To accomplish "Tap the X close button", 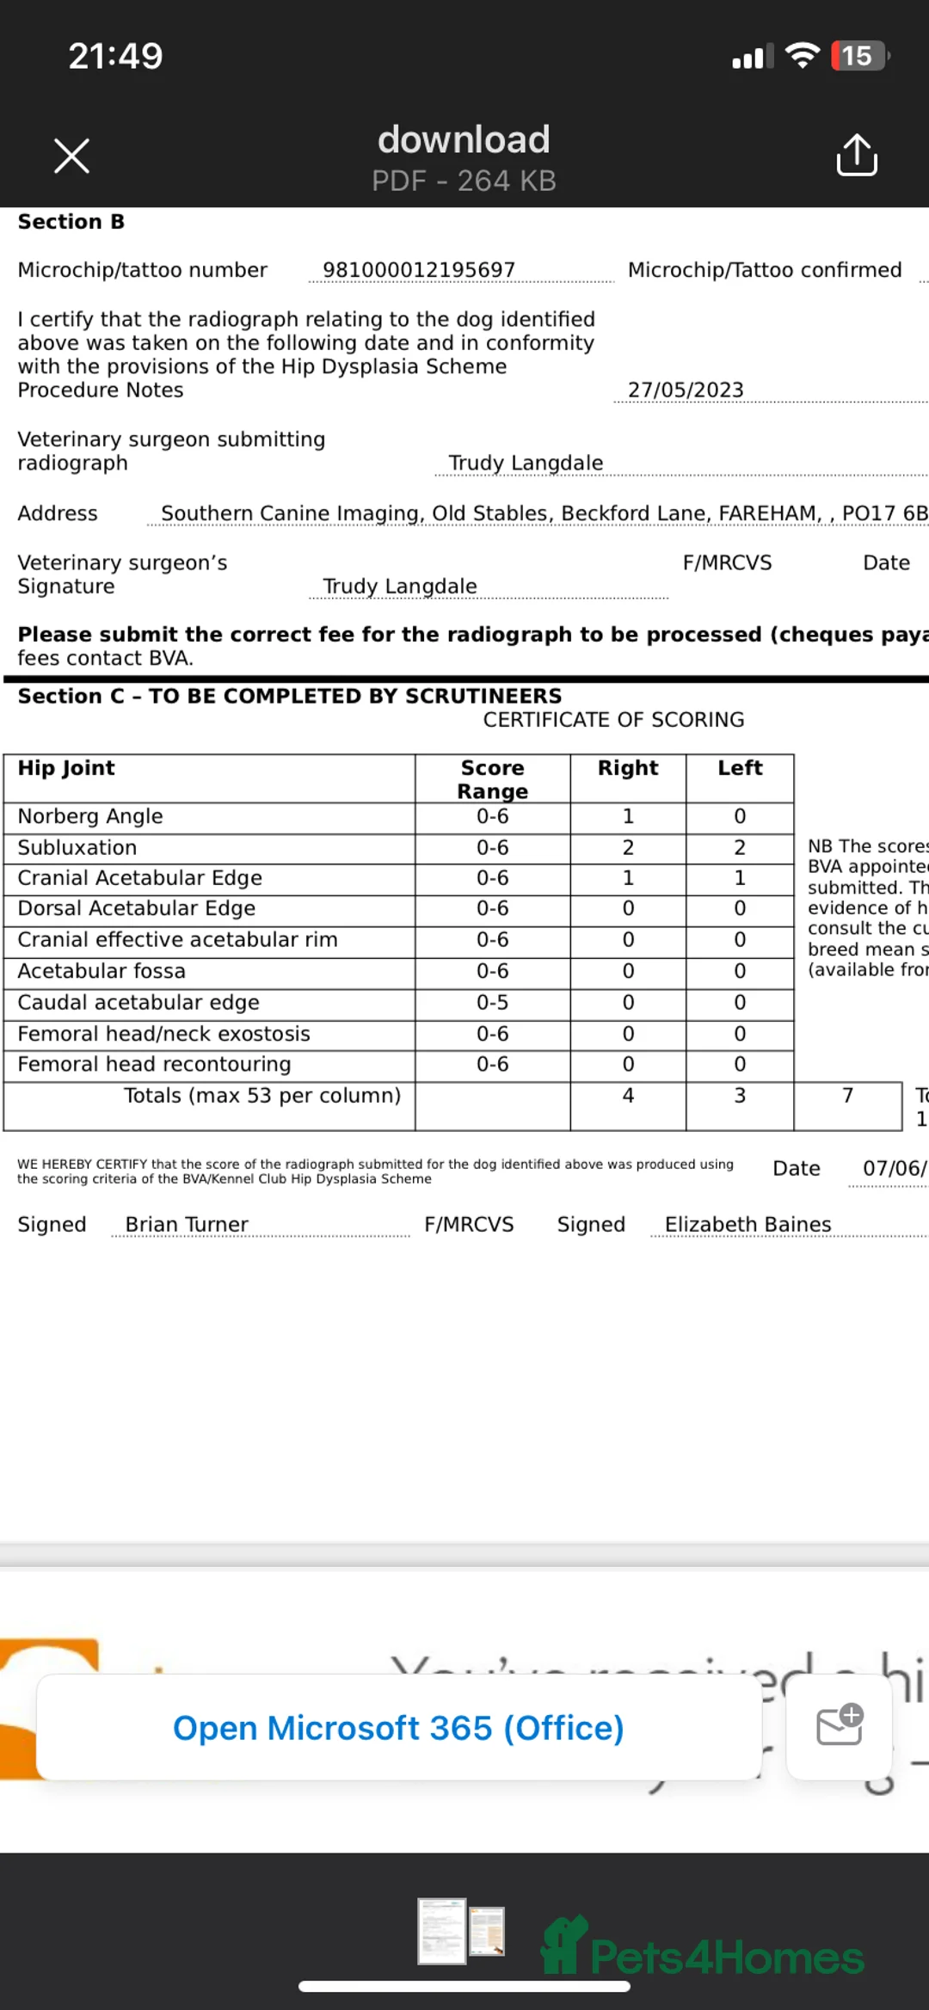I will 71,156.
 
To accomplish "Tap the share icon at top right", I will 856,155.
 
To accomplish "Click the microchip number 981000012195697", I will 419,270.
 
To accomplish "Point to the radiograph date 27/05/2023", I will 686,390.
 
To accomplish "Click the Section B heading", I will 71,222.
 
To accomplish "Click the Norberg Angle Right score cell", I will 628,816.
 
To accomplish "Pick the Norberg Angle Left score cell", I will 740,816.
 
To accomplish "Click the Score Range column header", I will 492,779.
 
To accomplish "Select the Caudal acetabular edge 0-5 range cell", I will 492,1003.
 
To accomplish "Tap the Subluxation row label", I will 77,848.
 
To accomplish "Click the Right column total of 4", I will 628,1096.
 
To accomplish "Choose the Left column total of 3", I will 740,1096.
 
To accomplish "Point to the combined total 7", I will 847,1096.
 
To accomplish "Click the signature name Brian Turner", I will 187,1225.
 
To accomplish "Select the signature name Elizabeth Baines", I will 748,1225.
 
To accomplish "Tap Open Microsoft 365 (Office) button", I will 398,1728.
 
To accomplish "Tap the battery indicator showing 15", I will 858,56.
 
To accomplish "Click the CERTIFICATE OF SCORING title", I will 613,720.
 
